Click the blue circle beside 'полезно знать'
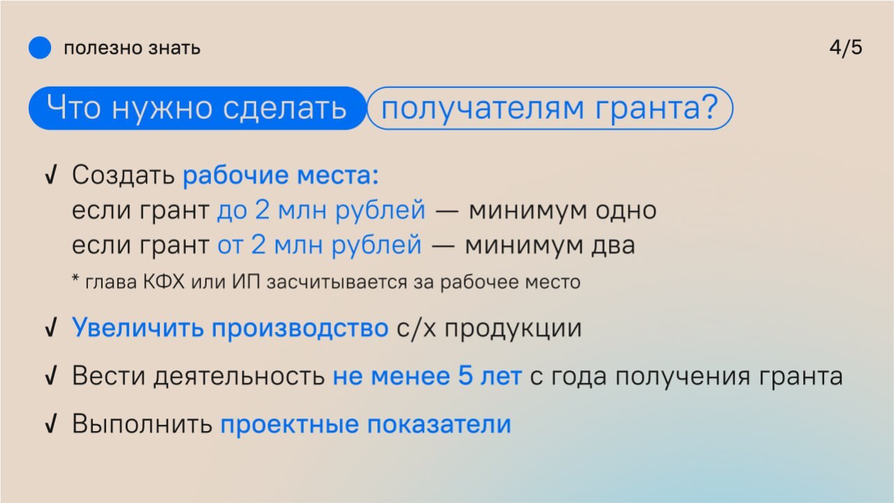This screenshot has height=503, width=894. pos(40,48)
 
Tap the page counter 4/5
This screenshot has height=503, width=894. pos(846,48)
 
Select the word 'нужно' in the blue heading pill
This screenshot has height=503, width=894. pos(161,108)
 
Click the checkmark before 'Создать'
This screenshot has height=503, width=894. pos(51,175)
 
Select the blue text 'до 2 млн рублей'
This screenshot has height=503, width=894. pos(321,210)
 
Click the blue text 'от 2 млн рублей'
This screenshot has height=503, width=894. pos(319,245)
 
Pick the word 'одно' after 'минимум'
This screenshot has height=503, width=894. pos(626,210)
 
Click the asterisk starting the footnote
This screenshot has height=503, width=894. pos(75,278)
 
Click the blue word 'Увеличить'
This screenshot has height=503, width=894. pos(138,328)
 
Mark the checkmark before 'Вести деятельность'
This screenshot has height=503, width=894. pos(51,376)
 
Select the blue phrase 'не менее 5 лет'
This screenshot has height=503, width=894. pos(427,376)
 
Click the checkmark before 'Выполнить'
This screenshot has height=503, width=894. pos(51,423)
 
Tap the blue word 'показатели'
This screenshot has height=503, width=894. pos(439,424)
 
